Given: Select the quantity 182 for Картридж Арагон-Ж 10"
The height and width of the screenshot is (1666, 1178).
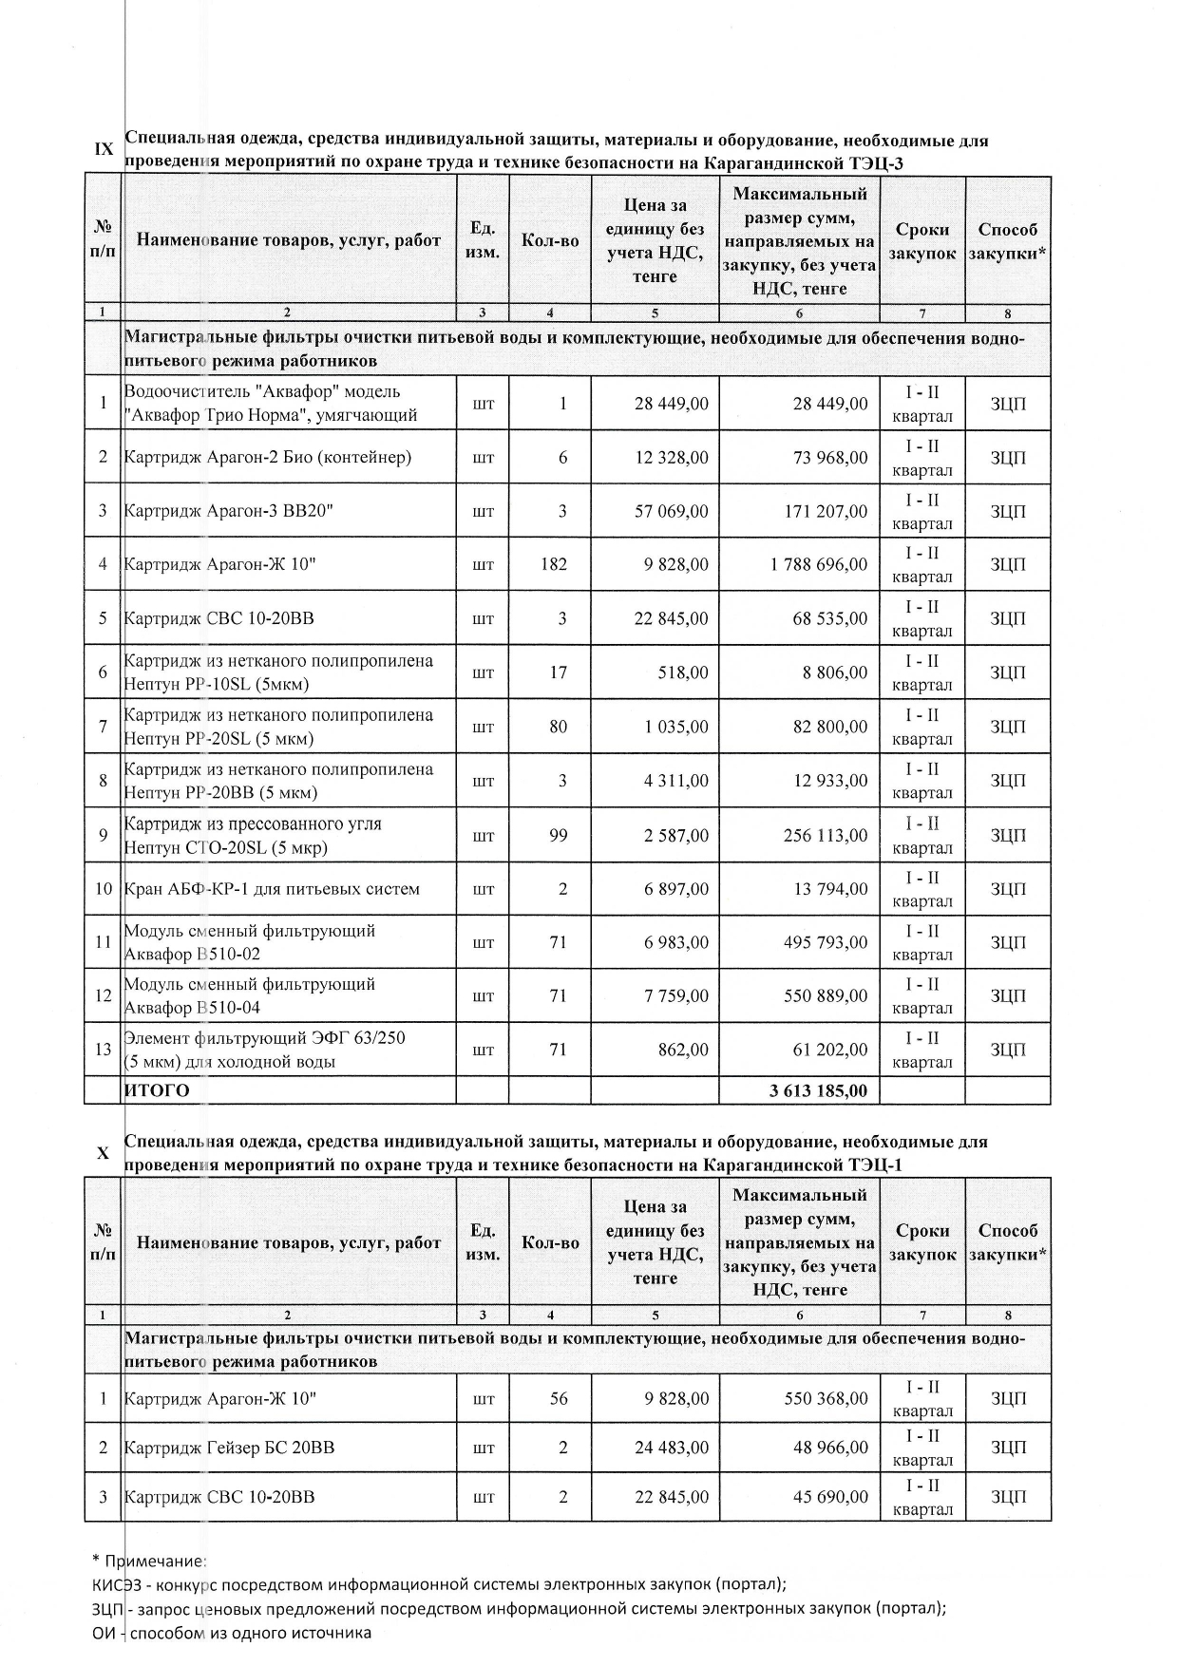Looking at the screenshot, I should click(x=553, y=564).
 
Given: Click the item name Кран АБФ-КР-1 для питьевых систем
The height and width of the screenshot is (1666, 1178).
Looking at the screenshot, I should click(x=272, y=889).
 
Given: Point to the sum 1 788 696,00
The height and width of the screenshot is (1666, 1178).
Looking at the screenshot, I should click(x=819, y=564).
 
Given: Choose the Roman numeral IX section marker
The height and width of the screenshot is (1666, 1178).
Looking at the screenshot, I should click(x=104, y=149).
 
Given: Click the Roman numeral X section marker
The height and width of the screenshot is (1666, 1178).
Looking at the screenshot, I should click(x=104, y=1153).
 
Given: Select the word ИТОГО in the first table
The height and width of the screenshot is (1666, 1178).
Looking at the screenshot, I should click(x=157, y=1090).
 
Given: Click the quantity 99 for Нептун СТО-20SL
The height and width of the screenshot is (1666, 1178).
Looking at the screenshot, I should click(x=558, y=836).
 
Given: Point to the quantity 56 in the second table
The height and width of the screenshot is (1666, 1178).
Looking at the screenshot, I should click(x=558, y=1398).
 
